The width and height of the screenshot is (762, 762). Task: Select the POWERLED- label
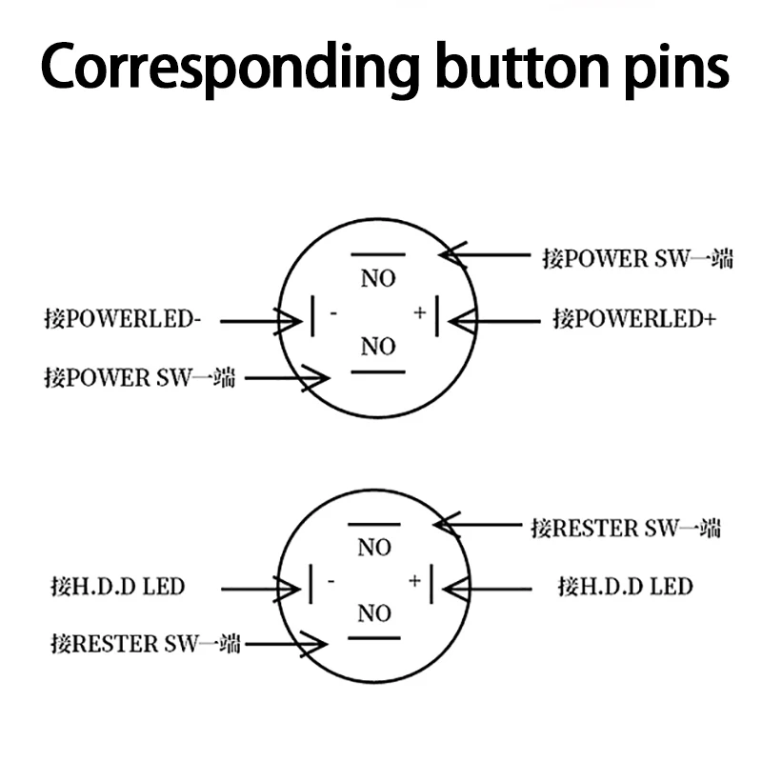click(x=123, y=319)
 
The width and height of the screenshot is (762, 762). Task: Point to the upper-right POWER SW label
click(x=637, y=258)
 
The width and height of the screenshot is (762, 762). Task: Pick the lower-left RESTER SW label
click(x=145, y=644)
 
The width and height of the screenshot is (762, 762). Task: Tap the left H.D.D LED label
click(x=117, y=585)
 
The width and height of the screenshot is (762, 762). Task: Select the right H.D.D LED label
click(x=625, y=585)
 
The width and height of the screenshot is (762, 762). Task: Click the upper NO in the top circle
click(x=377, y=279)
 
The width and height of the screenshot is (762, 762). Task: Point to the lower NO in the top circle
click(x=377, y=348)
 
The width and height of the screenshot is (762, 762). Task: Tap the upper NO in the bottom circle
click(x=374, y=548)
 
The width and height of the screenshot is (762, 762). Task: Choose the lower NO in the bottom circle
click(x=374, y=614)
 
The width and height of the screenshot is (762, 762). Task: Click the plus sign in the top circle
click(x=419, y=312)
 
